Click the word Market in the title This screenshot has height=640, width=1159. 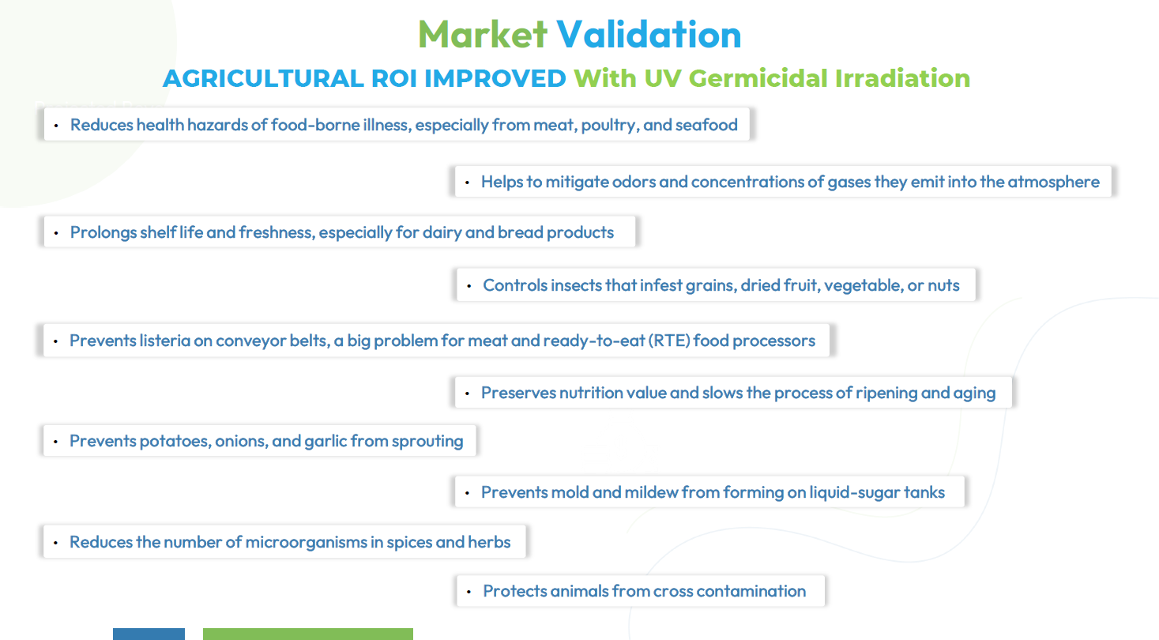point(482,35)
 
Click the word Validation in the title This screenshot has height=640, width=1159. point(649,35)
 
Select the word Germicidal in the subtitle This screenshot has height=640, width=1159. point(758,79)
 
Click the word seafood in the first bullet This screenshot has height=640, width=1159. point(706,125)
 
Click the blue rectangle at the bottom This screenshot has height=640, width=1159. point(149,634)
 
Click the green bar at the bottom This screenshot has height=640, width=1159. point(308,634)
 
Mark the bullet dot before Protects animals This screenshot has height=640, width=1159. point(468,592)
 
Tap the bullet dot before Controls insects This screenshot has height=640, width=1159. point(468,286)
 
